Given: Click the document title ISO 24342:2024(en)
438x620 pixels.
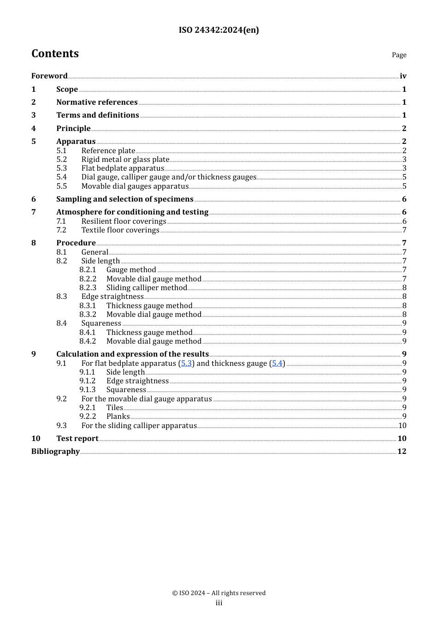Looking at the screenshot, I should click(x=219, y=30).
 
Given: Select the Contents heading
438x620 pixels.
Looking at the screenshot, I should click(x=55, y=54).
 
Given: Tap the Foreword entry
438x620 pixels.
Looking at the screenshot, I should click(x=49, y=76).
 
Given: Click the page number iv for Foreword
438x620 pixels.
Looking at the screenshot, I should click(x=403, y=76).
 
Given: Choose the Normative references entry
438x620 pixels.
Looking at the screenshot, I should click(x=97, y=102).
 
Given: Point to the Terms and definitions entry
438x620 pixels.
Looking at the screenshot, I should click(x=97, y=115).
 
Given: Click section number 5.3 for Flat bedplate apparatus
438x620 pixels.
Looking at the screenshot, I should click(x=61, y=168).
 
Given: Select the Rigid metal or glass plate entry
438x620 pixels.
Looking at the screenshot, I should click(x=125, y=160).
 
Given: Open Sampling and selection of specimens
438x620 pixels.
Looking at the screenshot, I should click(x=124, y=199).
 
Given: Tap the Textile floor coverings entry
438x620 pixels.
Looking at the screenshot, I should click(x=120, y=230).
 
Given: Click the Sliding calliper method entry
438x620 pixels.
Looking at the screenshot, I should click(x=147, y=288).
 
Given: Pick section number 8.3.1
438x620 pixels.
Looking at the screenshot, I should click(x=88, y=306).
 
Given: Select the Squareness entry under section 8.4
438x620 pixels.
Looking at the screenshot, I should click(x=101, y=323).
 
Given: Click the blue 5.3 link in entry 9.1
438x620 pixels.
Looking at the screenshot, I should click(x=186, y=364).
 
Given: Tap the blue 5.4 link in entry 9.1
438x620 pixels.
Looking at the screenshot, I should click(x=277, y=364).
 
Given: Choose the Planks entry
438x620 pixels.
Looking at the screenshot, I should click(x=118, y=417).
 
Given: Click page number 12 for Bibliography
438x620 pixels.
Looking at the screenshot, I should click(x=402, y=452).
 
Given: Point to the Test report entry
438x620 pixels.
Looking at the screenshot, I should click(x=77, y=439).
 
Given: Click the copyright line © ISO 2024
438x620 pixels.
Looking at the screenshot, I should click(x=219, y=593).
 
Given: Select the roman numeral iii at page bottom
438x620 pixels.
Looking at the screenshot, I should click(x=219, y=603).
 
